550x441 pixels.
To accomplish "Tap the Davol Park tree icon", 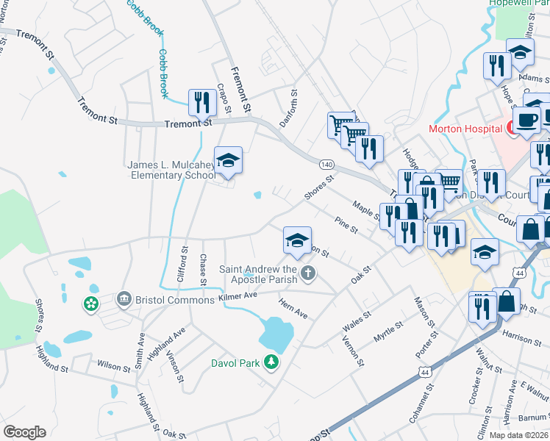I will tap(272, 362).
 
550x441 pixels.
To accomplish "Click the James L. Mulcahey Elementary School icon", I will tap(228, 162).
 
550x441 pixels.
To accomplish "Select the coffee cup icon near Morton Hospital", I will tap(526, 118).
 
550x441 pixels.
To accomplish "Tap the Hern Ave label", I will tap(293, 308).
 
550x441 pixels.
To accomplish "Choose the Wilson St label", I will tap(113, 365).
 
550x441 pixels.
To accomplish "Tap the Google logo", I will tap(24, 432).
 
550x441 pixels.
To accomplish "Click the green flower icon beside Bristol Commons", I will tap(91, 304).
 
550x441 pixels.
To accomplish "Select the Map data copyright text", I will tap(519, 435).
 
